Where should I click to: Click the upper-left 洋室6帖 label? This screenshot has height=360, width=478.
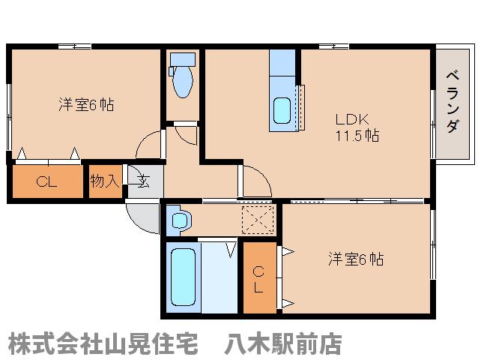86,105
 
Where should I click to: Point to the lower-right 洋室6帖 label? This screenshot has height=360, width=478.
356,259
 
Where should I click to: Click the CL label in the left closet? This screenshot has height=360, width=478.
46,181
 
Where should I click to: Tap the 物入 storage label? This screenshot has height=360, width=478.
104,181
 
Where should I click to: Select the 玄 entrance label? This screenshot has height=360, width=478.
143,181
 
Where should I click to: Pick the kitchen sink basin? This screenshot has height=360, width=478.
283,111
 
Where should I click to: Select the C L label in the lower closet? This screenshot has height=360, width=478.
258,278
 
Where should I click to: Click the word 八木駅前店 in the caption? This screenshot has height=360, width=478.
282,343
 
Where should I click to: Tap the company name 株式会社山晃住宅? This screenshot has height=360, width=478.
103,343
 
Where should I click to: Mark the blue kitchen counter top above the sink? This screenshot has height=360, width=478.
283,63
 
